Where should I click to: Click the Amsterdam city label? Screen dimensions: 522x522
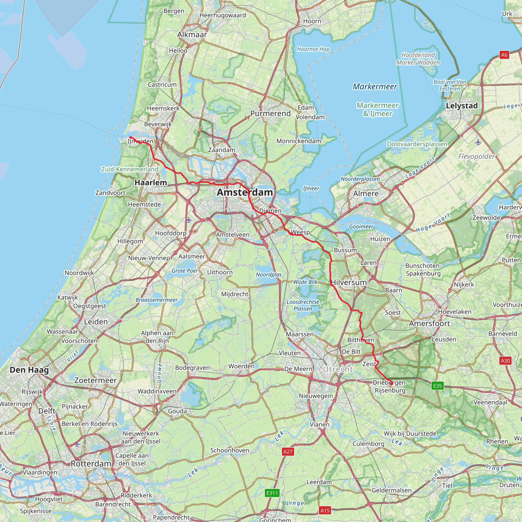tap(245, 192)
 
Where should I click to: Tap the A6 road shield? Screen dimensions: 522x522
tap(504, 55)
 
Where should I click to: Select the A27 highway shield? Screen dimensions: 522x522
tap(288, 451)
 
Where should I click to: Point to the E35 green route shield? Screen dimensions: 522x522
tap(437, 385)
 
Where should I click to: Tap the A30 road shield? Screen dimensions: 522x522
tap(505, 360)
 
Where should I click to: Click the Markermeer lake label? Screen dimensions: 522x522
tap(375, 86)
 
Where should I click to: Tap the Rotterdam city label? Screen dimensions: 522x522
tap(91, 464)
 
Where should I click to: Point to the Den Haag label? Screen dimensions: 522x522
tap(29, 370)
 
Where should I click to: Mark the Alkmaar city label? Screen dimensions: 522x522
tap(192, 35)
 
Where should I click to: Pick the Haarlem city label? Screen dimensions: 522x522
tap(151, 183)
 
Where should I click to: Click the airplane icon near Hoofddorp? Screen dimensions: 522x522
tap(189, 220)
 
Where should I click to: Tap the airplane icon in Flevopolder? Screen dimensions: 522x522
tap(478, 142)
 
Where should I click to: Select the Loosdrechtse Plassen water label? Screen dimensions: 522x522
tap(303, 305)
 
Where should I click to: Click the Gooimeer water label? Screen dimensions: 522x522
tap(361, 226)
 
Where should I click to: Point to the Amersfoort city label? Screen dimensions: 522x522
tap(429, 323)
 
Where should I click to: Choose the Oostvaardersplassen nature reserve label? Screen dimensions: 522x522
tap(417, 144)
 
